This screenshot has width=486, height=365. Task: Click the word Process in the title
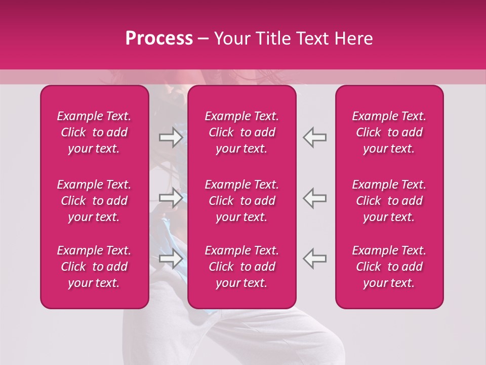(x=159, y=39)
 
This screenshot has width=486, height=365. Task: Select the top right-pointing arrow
(x=171, y=137)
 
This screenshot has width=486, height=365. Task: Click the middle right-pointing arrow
(x=171, y=197)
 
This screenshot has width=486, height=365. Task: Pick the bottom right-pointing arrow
(x=171, y=259)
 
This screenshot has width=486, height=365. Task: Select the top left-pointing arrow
(x=314, y=137)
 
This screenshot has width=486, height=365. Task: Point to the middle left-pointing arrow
(x=314, y=197)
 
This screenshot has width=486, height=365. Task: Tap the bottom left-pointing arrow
(x=314, y=259)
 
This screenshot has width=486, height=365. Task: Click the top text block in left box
(x=94, y=132)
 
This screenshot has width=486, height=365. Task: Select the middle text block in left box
(x=94, y=201)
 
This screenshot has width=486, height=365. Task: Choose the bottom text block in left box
(x=94, y=267)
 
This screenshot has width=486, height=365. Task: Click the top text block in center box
(x=242, y=132)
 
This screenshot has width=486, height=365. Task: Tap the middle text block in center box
(x=242, y=201)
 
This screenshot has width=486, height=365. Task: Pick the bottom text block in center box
(x=242, y=267)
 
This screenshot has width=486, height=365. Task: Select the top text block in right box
(x=389, y=132)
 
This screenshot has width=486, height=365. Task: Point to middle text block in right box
(x=389, y=201)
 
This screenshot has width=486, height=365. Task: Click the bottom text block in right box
(x=389, y=267)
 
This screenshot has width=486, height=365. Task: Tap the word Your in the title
(x=231, y=39)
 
